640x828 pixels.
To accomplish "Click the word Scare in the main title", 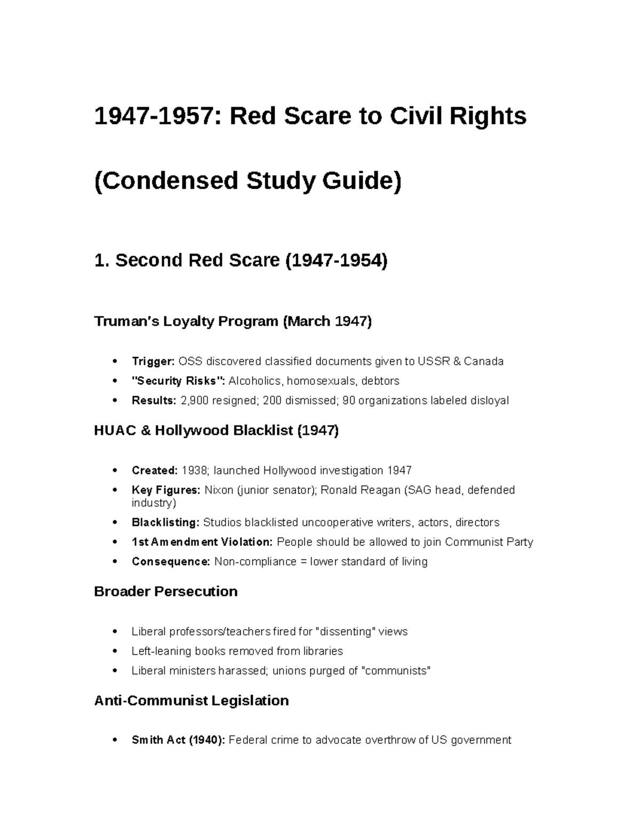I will tap(315, 116).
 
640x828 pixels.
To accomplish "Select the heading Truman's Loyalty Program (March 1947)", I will tap(233, 321).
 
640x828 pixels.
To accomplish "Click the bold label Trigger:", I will tap(153, 361).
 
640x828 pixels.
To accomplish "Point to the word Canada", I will tap(484, 361).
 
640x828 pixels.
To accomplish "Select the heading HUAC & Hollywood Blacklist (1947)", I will tap(216, 430).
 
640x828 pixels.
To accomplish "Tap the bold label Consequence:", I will tap(171, 561).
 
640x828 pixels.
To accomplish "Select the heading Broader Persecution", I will tap(165, 591).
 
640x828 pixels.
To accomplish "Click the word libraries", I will tap(321, 651).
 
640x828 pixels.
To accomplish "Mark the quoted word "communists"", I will tap(395, 671).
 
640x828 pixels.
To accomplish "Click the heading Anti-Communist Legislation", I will tap(191, 700).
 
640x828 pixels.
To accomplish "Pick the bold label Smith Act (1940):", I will tap(179, 740).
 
